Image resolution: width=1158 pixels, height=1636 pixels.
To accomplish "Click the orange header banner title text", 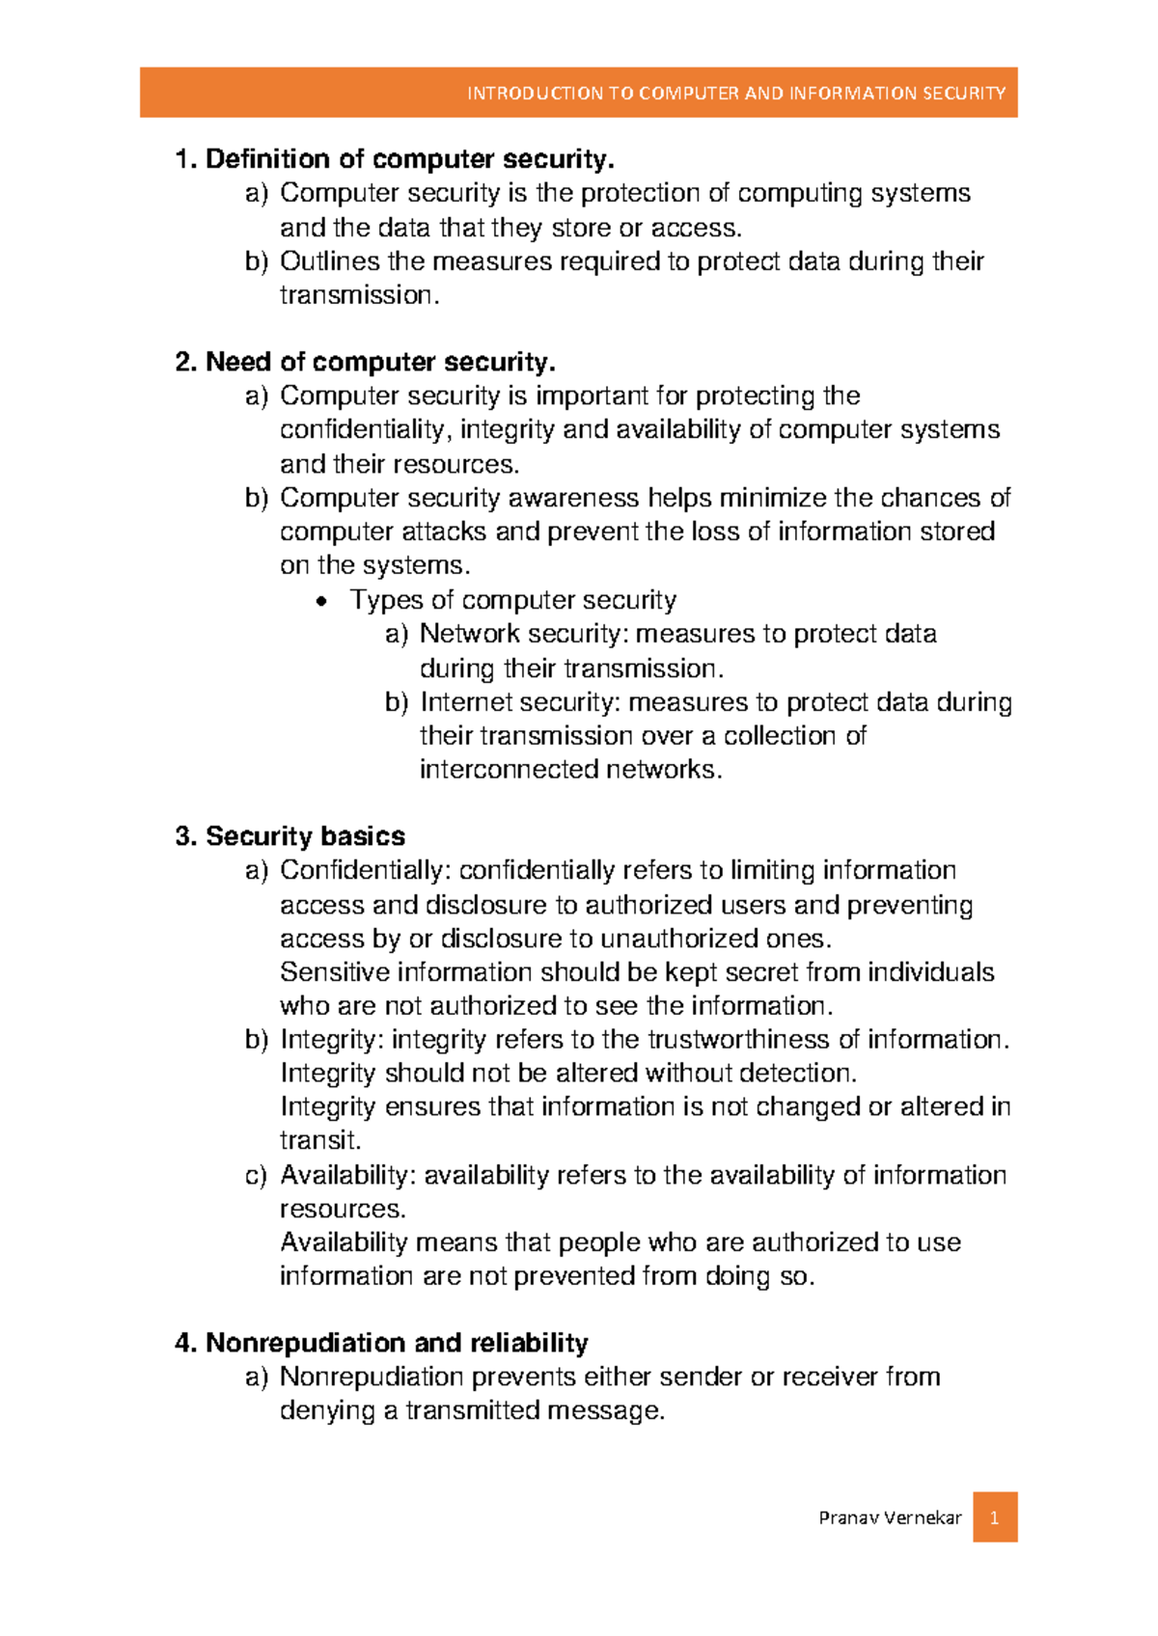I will pos(735,94).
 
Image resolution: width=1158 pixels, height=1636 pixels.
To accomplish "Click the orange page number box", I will pos(994,1517).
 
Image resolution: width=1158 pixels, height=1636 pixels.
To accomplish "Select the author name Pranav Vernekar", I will pos(890,1518).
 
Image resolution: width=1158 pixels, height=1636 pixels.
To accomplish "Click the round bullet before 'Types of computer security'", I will pos(322,602).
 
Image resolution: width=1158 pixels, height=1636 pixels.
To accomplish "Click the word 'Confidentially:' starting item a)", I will pos(365,870).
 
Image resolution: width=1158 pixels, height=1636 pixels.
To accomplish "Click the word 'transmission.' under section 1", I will pos(359,295).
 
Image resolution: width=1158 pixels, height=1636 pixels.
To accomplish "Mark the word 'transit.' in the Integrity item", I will pos(320,1141).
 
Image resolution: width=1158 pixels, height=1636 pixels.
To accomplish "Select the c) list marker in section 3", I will pos(256,1176).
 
